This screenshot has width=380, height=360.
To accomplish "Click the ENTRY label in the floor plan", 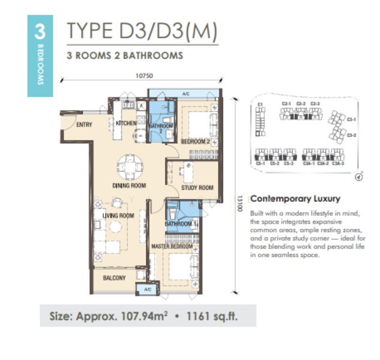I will (84, 125).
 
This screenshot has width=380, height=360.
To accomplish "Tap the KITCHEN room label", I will (127, 123).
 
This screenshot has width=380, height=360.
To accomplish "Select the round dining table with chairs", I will (130, 166).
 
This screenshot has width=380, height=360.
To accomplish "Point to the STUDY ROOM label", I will (198, 188).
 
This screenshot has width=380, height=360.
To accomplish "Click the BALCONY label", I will (114, 278).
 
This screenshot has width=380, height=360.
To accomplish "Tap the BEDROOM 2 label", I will (195, 141).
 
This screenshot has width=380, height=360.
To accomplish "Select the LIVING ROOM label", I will (118, 216).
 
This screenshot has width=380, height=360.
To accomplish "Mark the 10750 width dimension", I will (141, 76).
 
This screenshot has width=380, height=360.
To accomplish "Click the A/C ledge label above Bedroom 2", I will (186, 94).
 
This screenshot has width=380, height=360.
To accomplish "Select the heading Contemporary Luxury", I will (295, 198).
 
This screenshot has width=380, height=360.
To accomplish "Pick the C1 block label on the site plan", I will (260, 105).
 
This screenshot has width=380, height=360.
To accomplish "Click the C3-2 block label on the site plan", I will (352, 135).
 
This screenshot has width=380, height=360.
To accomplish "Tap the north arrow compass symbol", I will (358, 177).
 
